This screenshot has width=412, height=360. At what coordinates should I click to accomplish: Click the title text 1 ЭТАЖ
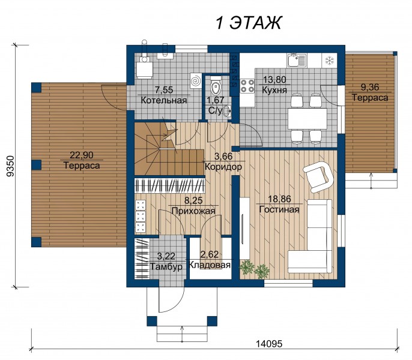click(249, 23)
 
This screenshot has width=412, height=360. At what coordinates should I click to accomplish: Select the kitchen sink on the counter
click(297, 61)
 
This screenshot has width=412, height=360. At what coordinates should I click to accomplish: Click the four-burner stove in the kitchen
click(247, 86)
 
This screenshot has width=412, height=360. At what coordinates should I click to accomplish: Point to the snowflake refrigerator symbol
click(330, 61)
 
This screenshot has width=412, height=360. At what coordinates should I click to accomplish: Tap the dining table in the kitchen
click(307, 118)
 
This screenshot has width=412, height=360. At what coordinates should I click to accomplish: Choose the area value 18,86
click(279, 199)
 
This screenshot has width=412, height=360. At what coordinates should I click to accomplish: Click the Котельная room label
click(164, 100)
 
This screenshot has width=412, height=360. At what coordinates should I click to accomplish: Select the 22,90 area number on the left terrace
click(82, 155)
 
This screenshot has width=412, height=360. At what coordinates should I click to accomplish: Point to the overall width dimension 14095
click(269, 343)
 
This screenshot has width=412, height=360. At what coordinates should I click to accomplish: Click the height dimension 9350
click(10, 166)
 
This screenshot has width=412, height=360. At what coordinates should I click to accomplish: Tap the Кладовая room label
click(210, 265)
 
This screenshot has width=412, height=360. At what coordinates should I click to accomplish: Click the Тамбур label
click(166, 266)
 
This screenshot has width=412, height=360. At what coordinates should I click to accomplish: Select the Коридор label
click(223, 167)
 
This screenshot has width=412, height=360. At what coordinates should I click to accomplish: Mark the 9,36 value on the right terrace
click(370, 87)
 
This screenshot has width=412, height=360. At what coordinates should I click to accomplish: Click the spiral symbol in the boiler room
click(196, 80)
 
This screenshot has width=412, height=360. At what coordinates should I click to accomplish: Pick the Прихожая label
click(193, 211)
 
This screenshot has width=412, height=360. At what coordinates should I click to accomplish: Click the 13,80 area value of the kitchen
click(274, 79)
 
